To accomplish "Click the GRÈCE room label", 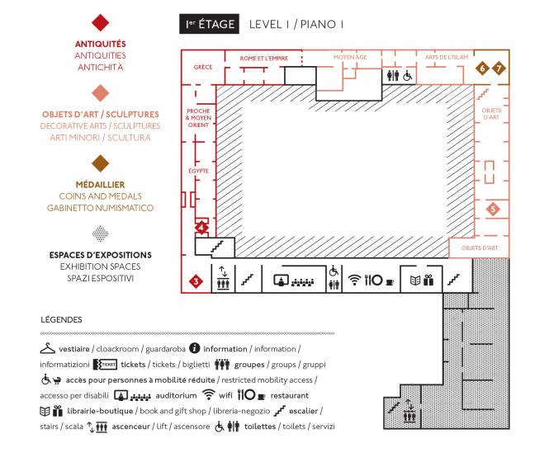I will click(203, 67).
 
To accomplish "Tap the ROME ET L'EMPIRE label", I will click(263, 59).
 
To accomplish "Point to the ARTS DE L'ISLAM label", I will click(447, 57).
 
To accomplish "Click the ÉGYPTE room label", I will click(198, 170).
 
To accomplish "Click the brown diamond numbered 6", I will click(483, 68).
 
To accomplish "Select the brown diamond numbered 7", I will click(498, 68).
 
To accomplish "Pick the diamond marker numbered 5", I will click(493, 210).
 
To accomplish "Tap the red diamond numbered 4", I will click(201, 227).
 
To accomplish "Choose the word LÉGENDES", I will click(60, 318).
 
